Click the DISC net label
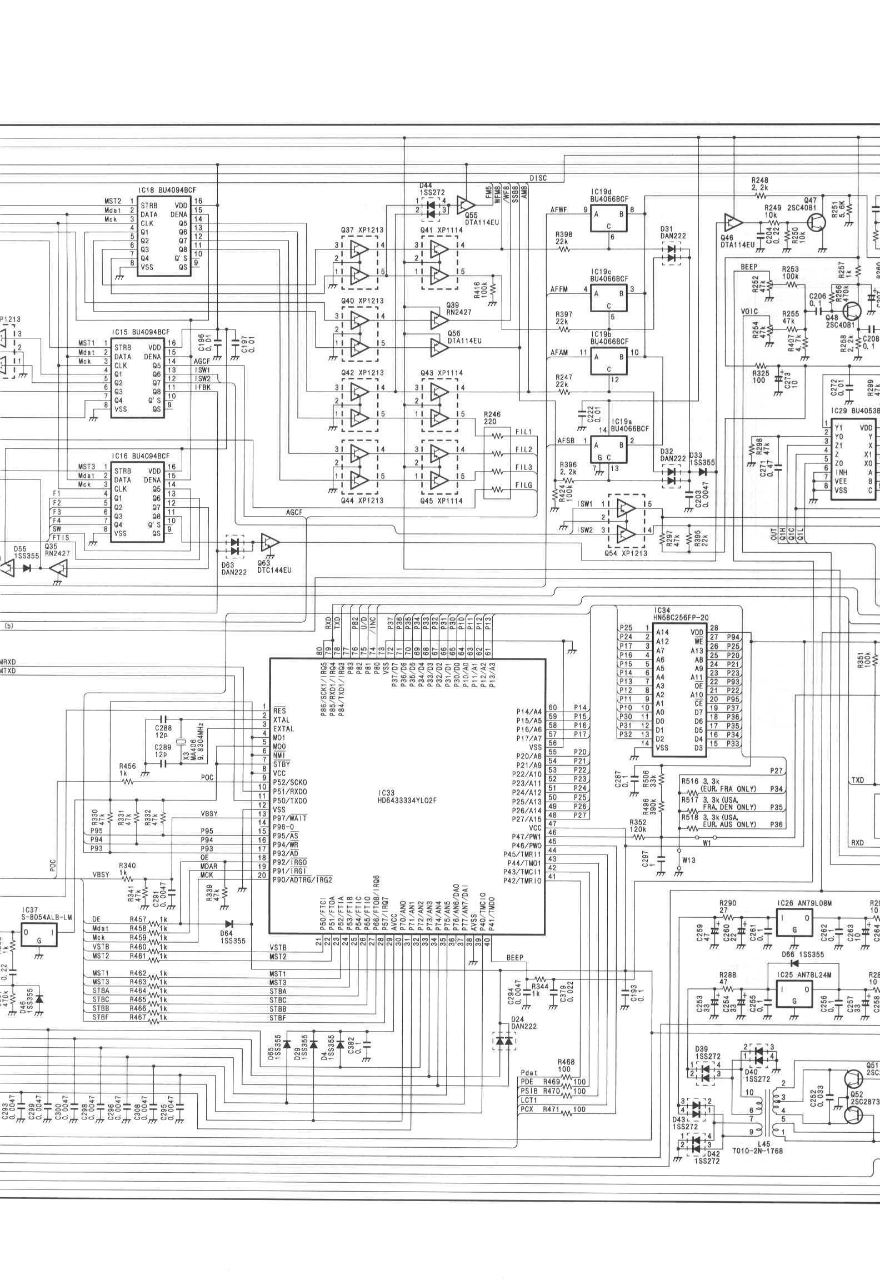click(x=538, y=178)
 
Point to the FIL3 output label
click(x=524, y=467)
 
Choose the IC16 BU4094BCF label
click(x=140, y=456)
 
